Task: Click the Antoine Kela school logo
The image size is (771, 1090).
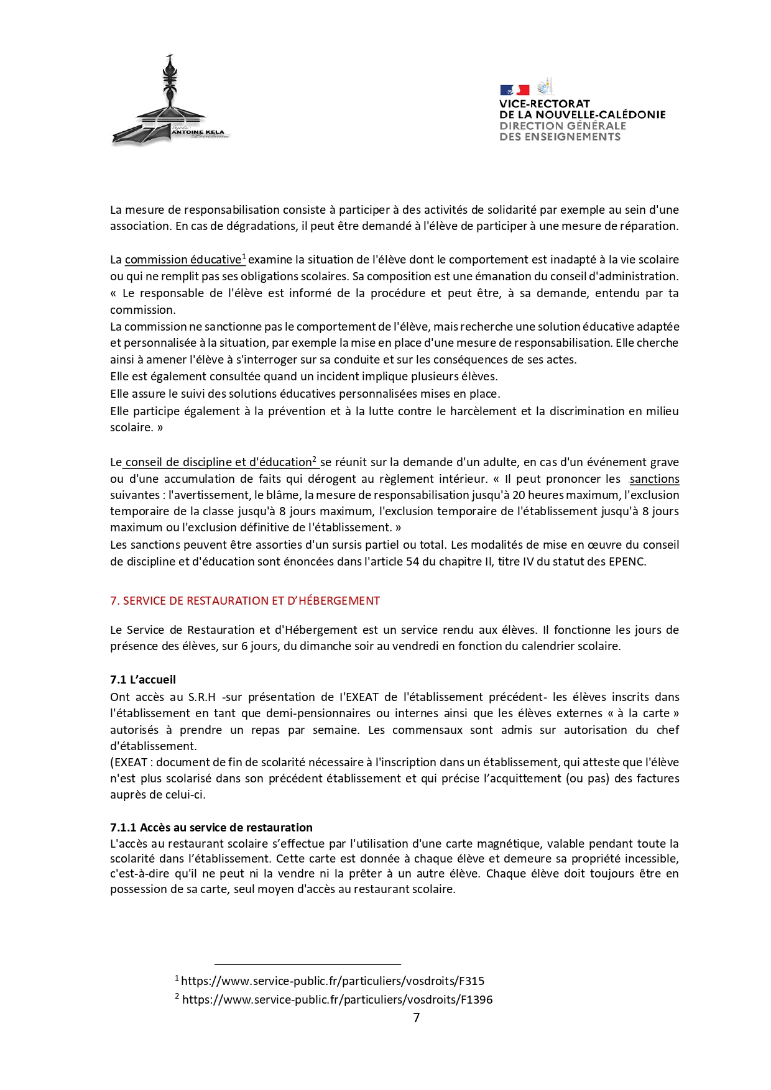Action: click(x=170, y=103)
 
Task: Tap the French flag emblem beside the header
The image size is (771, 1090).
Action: click(x=514, y=90)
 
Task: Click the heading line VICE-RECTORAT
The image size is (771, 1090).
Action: click(x=544, y=104)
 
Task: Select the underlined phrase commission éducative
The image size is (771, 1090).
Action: click(x=183, y=260)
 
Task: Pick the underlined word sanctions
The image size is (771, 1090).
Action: click(x=654, y=479)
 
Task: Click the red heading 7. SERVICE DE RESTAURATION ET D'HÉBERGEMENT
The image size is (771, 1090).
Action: click(x=245, y=601)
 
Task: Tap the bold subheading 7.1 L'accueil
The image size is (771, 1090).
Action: click(x=143, y=680)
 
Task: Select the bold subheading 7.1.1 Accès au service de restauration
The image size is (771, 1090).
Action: click(x=211, y=828)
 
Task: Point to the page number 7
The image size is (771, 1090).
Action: click(x=416, y=1018)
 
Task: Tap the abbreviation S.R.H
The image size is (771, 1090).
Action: click(x=201, y=697)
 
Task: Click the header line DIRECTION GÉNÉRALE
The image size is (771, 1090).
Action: click(x=563, y=126)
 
